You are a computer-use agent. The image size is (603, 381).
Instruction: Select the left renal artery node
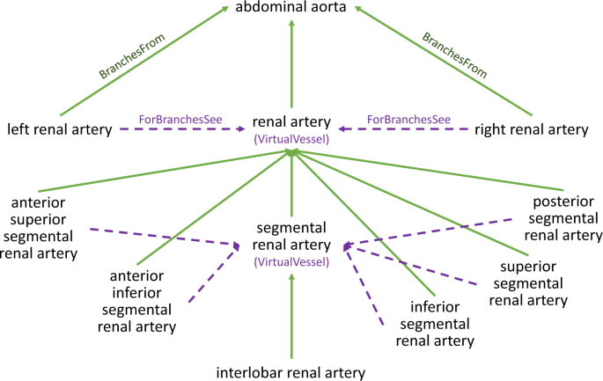[59, 130]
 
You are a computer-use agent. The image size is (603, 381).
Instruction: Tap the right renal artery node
[530, 130]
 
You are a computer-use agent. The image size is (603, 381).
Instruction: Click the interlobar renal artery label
[290, 371]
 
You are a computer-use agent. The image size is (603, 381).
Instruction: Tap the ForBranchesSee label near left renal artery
[173, 118]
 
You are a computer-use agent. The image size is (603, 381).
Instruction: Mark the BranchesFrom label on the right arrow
[454, 56]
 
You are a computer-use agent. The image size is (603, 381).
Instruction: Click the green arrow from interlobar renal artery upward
[291, 317]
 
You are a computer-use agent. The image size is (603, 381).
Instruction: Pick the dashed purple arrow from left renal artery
[180, 130]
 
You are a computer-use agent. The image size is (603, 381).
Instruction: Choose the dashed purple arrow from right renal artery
[405, 130]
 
